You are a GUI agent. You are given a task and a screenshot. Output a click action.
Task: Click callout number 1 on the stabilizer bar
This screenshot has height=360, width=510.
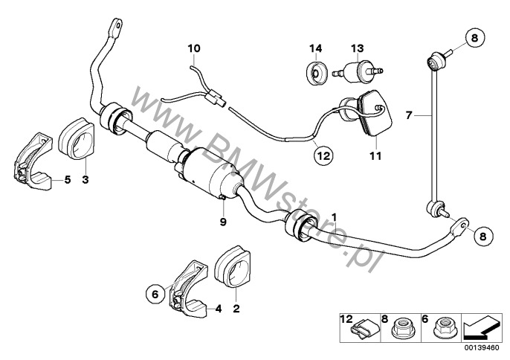coord(335,216)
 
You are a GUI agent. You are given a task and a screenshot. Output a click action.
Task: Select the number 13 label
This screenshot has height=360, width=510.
coord(357,49)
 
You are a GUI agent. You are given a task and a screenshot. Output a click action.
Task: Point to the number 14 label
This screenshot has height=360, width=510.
coord(315,49)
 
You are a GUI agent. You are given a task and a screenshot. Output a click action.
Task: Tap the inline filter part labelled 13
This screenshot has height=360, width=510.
coord(358,72)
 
